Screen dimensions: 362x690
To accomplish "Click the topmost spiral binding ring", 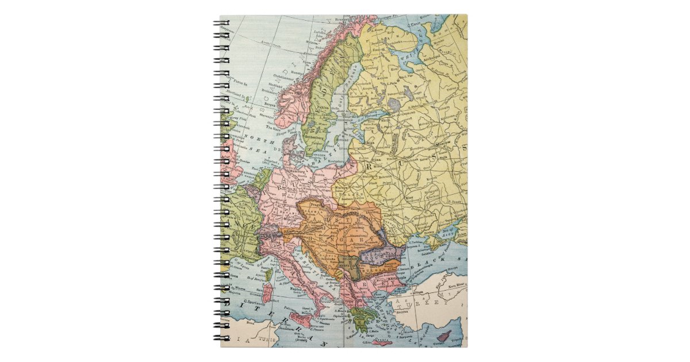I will (x=221, y=25).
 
